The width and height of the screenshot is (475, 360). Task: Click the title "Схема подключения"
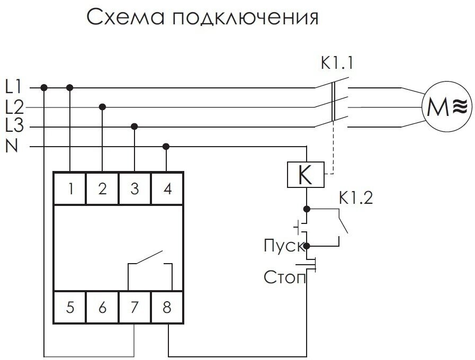203,17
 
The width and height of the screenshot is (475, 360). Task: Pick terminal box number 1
70,188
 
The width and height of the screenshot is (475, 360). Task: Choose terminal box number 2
103,188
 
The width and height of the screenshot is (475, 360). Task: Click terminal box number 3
135,188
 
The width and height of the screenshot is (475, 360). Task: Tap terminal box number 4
167,188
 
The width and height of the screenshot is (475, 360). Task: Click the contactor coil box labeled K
306,175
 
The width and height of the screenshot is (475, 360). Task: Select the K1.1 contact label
336,64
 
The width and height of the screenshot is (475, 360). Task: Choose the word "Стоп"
284,277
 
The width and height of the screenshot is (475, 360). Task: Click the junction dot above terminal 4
166,146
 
